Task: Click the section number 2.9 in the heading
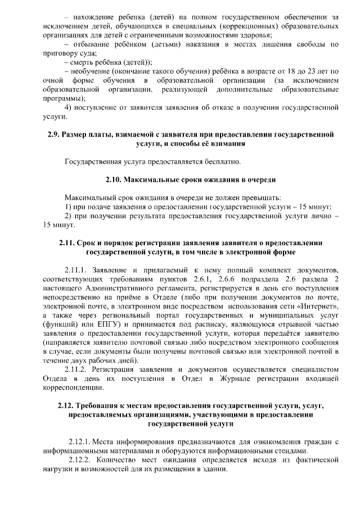pos(53,135)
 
